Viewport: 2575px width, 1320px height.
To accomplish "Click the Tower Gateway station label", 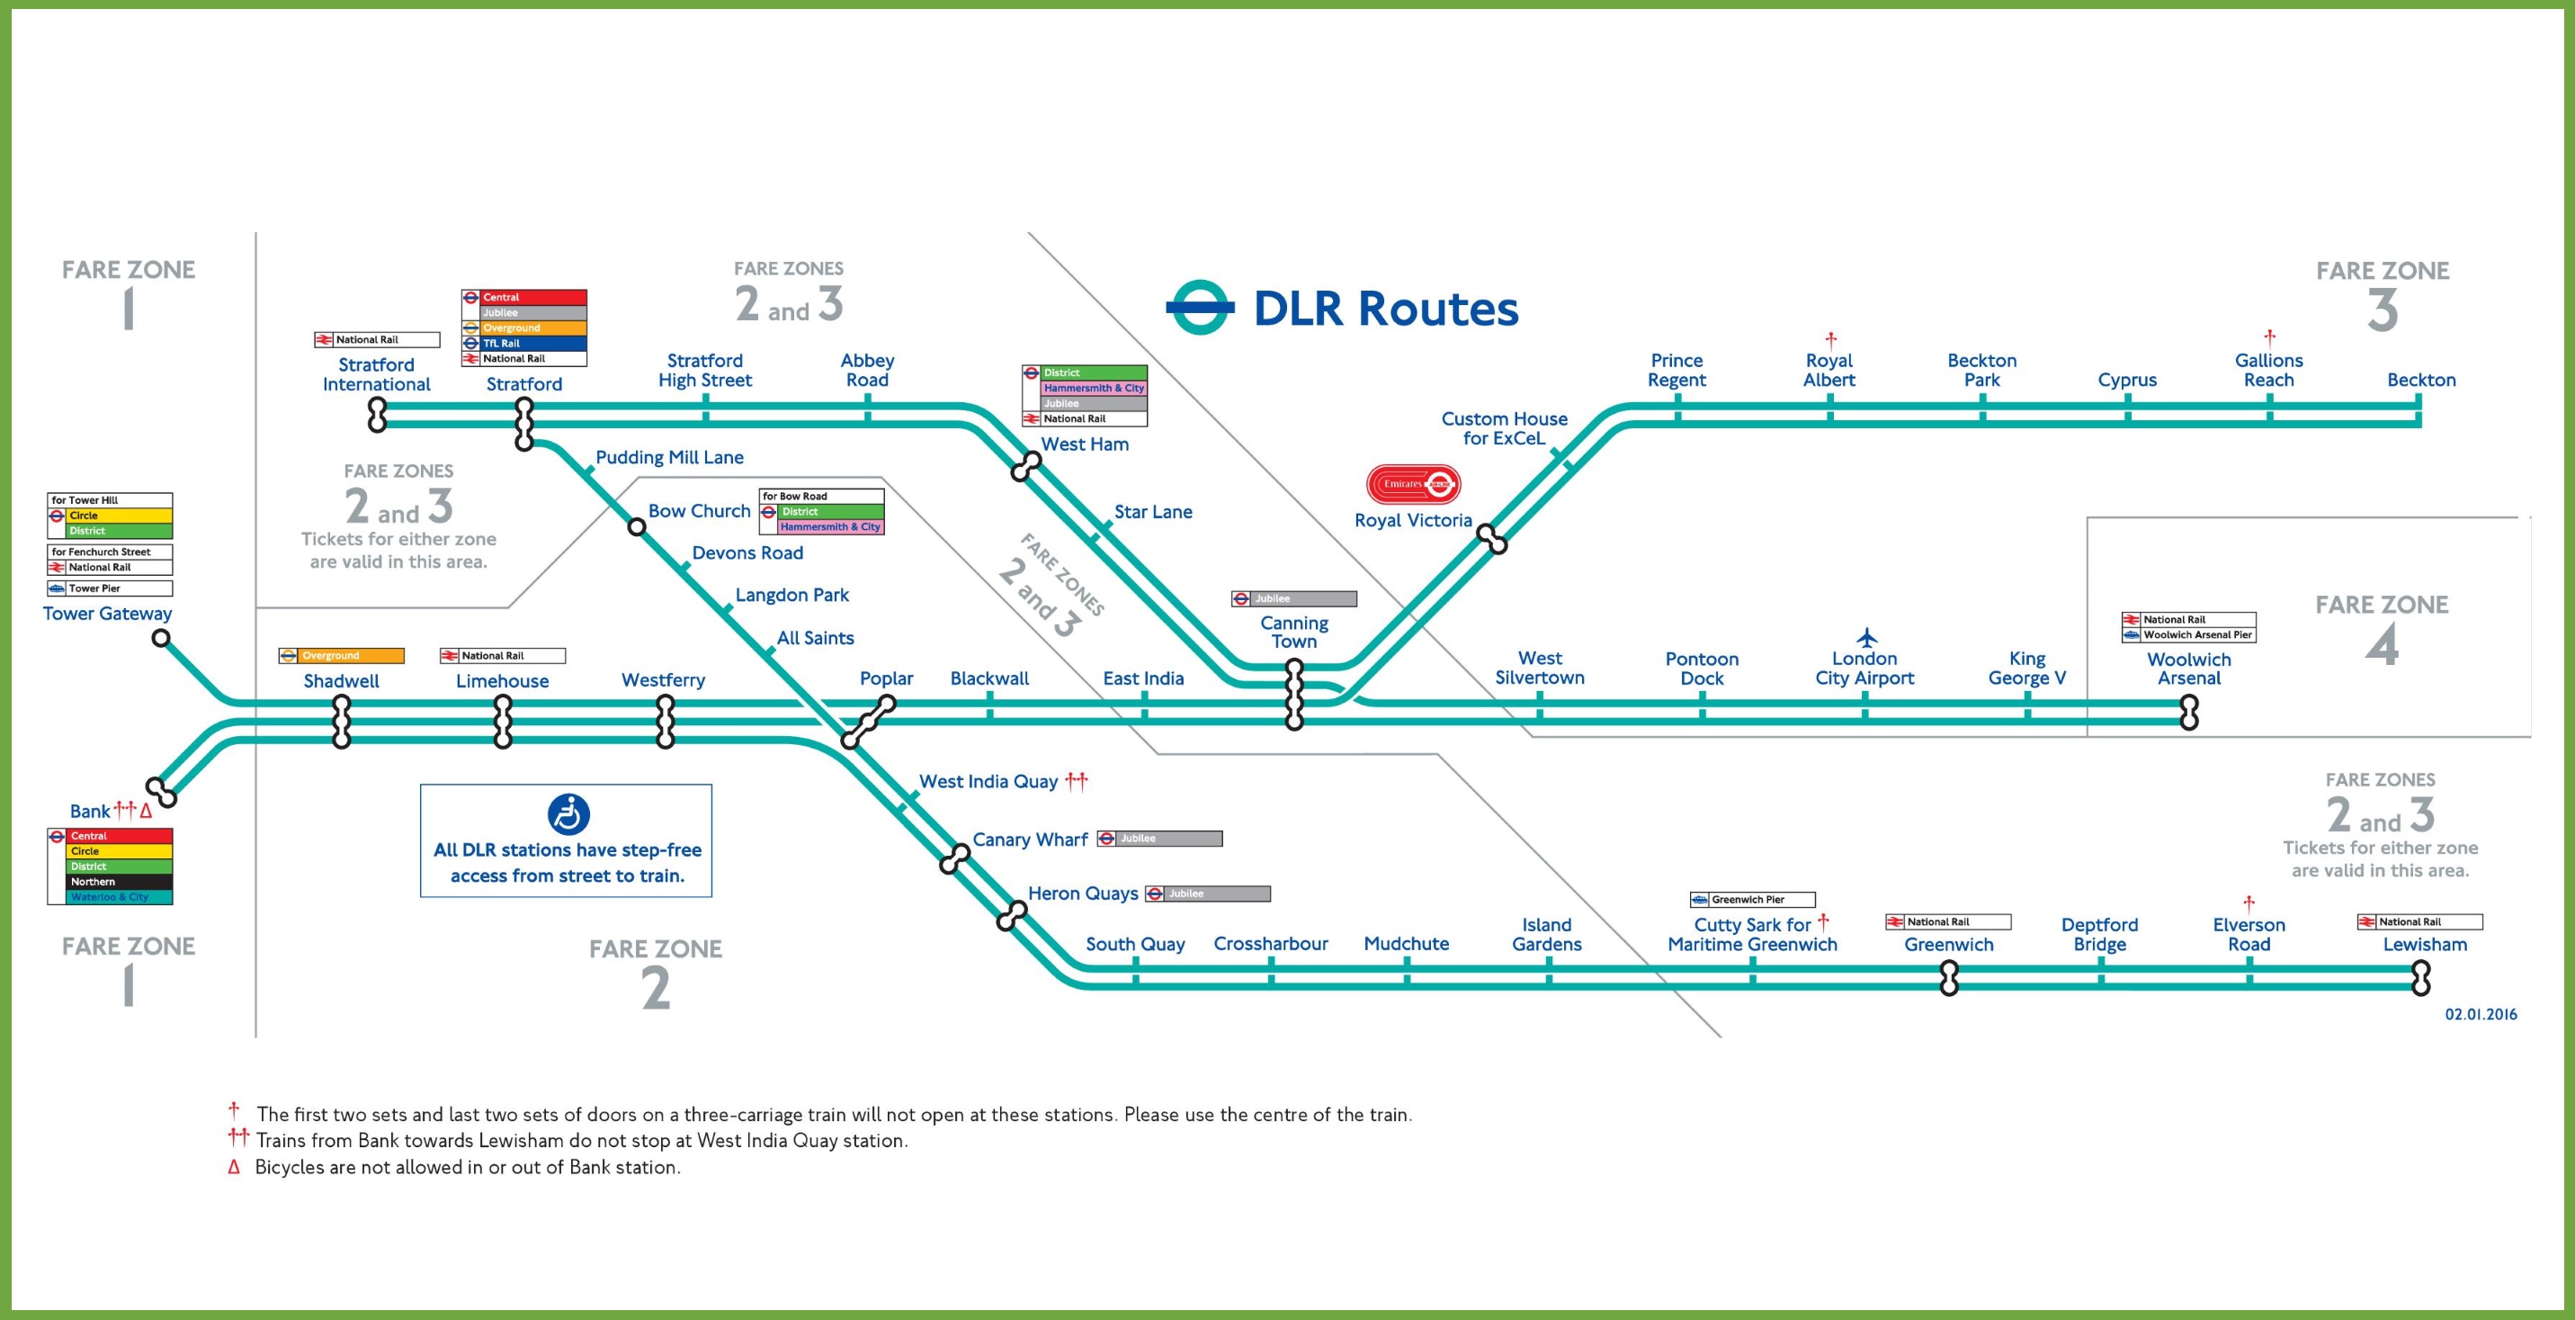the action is (107, 613).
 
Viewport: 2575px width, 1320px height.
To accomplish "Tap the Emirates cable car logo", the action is (1414, 484).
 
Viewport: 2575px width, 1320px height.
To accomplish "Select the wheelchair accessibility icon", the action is (568, 814).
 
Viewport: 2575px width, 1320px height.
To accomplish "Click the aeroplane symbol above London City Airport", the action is (1866, 637).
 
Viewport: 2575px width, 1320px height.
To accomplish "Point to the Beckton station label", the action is (2421, 380).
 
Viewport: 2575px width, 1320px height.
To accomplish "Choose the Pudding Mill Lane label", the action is (670, 457).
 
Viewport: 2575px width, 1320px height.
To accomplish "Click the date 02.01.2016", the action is (2481, 1014).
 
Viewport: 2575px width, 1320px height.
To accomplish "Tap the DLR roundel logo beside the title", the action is (1200, 307).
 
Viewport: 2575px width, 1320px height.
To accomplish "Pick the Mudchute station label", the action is (1407, 943).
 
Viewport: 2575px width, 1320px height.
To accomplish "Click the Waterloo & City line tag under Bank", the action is (110, 897).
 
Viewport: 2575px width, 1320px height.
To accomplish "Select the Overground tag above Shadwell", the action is (342, 656).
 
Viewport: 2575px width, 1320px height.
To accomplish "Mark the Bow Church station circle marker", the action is (637, 526).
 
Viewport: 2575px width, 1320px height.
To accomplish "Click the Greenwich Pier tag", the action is (1752, 900).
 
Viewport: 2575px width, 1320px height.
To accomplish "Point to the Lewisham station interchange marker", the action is (2420, 978).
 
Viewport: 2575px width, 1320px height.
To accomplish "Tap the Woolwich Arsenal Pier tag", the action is (2189, 635).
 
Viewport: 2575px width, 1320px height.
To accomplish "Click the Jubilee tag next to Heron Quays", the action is (1208, 894).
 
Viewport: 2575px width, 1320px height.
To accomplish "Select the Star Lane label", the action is (1154, 512).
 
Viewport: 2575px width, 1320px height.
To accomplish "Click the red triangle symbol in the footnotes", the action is (234, 1167).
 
